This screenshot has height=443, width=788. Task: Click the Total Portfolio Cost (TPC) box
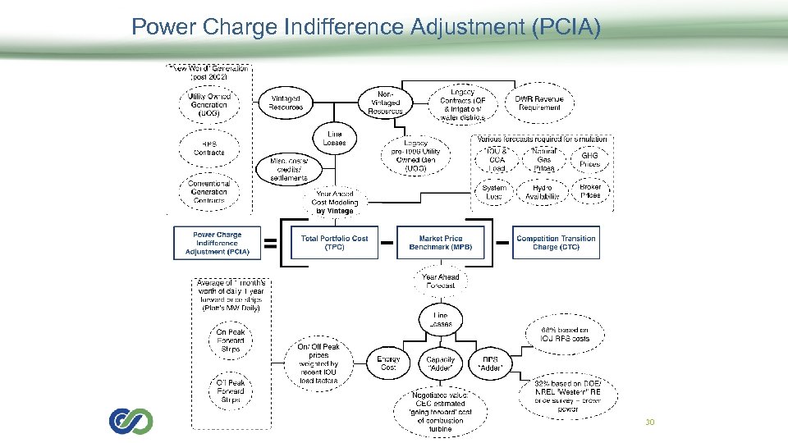click(334, 242)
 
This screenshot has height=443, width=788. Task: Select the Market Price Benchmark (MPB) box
click(440, 242)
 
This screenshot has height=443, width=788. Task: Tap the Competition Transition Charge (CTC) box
click(556, 242)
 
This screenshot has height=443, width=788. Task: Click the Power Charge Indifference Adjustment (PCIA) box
click(217, 243)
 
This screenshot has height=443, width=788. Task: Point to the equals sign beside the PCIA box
click(269, 243)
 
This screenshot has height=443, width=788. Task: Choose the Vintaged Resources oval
click(285, 103)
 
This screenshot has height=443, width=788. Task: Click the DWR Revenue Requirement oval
click(538, 103)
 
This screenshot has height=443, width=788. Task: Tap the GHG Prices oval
click(589, 159)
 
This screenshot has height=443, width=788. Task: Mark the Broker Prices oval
click(589, 190)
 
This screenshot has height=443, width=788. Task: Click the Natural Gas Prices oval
click(543, 159)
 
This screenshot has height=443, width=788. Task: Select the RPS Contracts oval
click(208, 148)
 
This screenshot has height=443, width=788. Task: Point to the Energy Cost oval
click(387, 363)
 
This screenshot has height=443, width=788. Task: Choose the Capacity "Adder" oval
click(440, 363)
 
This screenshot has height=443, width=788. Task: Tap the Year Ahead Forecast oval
click(440, 281)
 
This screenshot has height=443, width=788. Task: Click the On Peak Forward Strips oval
click(231, 340)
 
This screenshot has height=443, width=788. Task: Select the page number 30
click(649, 422)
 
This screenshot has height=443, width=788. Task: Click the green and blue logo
click(131, 421)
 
